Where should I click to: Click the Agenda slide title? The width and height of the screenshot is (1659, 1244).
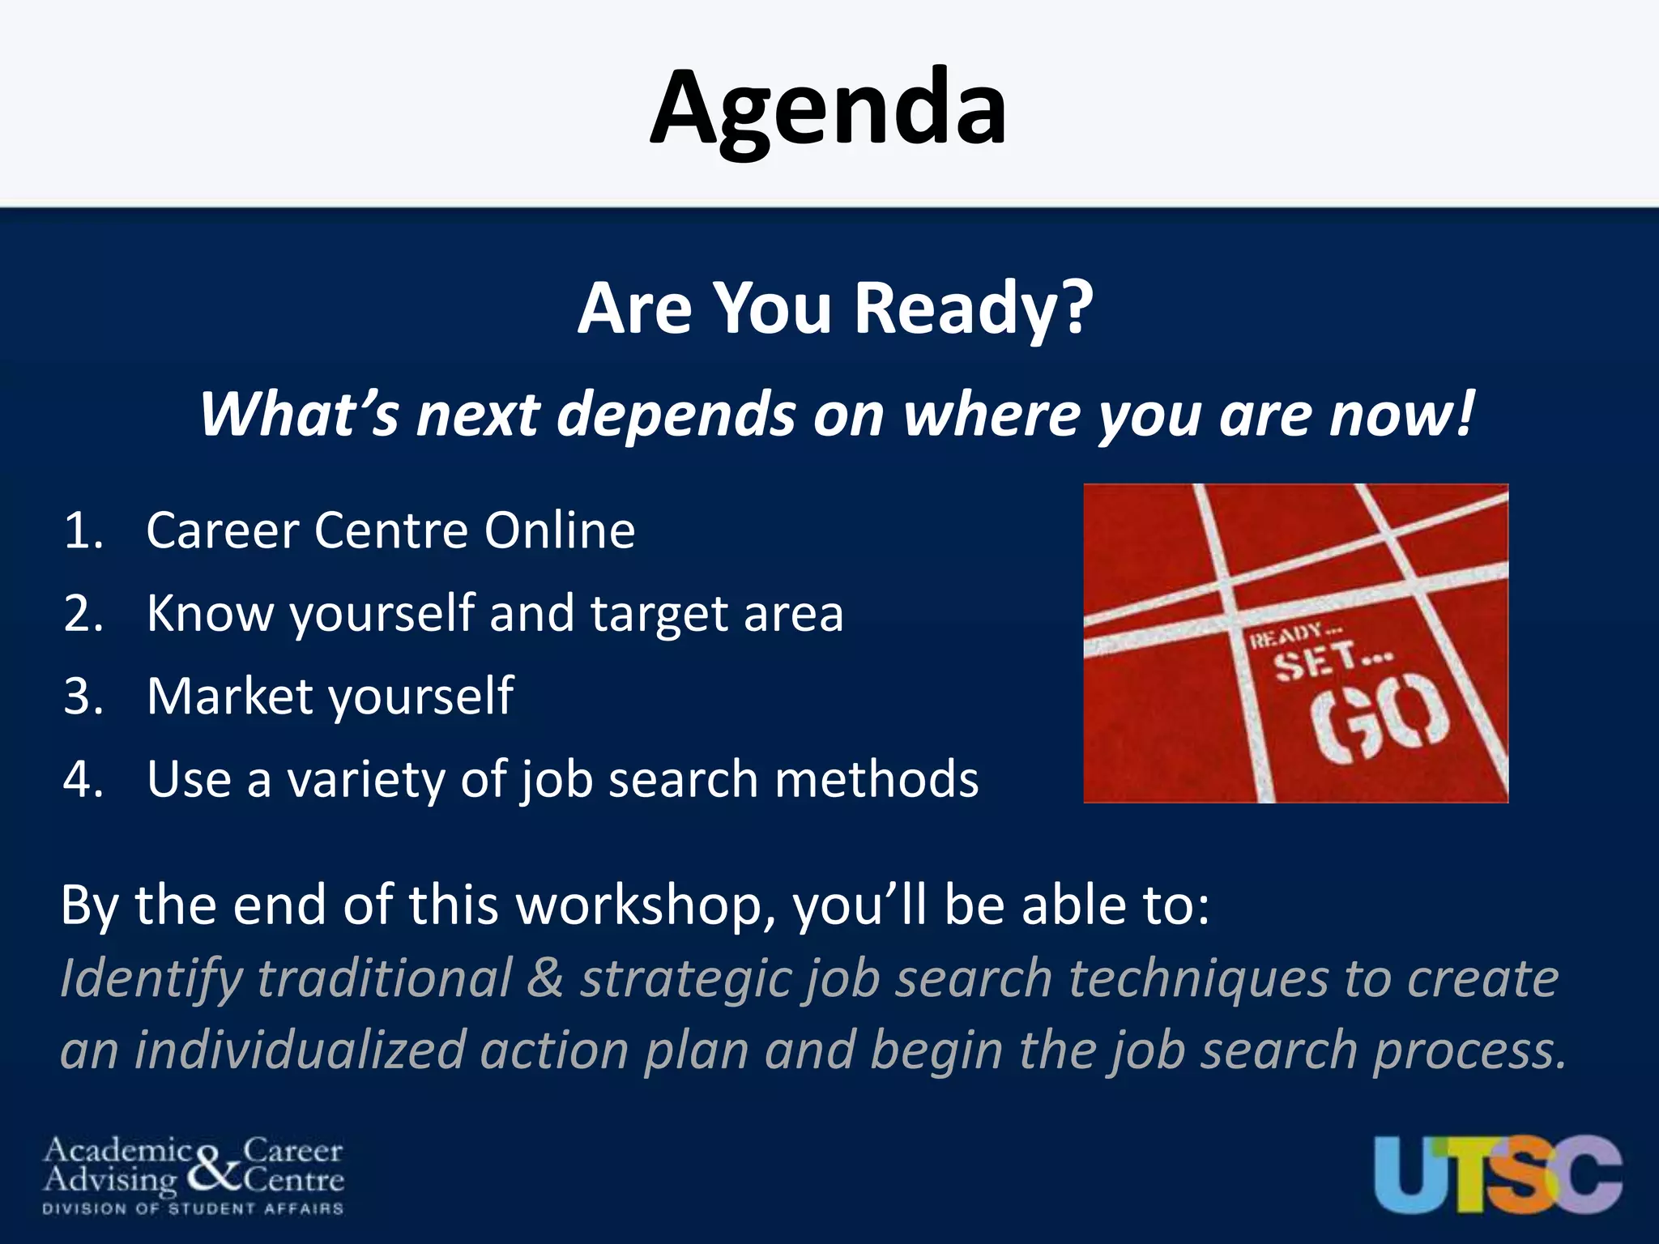click(x=829, y=109)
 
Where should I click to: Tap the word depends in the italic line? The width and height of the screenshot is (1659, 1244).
click(x=676, y=415)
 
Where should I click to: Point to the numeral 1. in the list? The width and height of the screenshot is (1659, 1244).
click(x=84, y=531)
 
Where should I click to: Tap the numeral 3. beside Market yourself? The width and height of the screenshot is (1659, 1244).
click(x=84, y=697)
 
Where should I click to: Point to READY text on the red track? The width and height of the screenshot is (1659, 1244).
click(x=1288, y=636)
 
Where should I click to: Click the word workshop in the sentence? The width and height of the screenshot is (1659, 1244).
click(x=640, y=905)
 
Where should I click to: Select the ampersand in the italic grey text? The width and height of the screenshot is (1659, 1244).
click(x=545, y=978)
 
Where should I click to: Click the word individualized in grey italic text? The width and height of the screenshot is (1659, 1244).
click(x=300, y=1050)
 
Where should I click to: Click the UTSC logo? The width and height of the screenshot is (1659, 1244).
click(x=1497, y=1174)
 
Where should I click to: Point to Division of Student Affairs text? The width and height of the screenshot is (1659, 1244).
click(x=193, y=1208)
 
